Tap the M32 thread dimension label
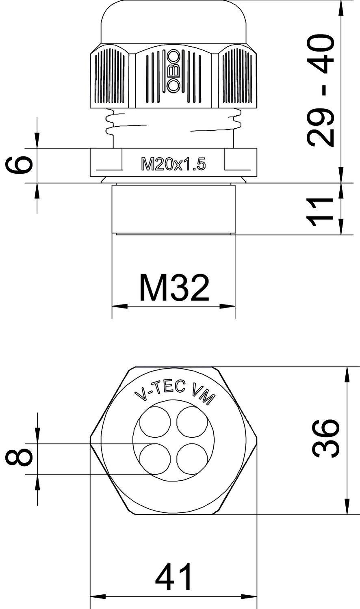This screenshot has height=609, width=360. click(174, 288)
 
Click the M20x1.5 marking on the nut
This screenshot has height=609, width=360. click(173, 164)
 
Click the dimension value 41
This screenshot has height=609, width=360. click(174, 577)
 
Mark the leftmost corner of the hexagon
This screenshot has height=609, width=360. click(91, 439)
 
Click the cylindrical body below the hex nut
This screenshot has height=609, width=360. click(173, 209)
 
